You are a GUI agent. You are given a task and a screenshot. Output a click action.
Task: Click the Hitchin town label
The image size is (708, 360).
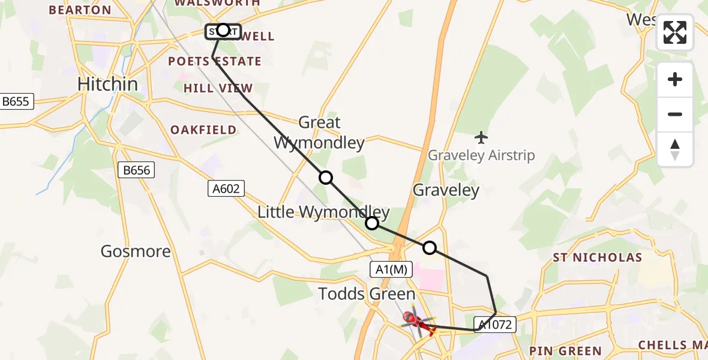(108, 84)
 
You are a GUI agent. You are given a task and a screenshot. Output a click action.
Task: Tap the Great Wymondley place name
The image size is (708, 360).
(319, 133)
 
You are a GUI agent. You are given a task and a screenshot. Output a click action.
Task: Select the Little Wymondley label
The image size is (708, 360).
(323, 212)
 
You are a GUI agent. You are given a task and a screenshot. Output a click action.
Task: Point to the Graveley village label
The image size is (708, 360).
(446, 191)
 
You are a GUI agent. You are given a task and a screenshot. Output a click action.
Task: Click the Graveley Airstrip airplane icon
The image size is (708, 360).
(481, 137)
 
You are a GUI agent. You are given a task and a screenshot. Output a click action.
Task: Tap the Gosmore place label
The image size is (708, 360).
(136, 251)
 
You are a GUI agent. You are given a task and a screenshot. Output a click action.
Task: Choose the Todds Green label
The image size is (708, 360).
(367, 294)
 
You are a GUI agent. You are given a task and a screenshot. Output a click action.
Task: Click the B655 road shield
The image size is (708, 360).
(16, 101)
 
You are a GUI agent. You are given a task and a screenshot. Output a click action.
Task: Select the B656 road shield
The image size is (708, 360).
(136, 170)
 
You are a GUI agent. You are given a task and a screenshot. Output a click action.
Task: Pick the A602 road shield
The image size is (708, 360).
(226, 189)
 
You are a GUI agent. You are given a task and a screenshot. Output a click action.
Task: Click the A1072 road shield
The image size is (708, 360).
(494, 325)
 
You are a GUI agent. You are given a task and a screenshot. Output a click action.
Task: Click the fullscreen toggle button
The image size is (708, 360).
(675, 32)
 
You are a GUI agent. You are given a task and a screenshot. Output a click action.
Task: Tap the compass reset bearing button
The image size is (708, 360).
(675, 149)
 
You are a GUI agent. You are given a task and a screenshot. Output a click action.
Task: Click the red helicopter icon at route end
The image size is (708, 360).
(413, 319)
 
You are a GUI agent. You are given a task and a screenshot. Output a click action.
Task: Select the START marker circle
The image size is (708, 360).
(223, 30)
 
